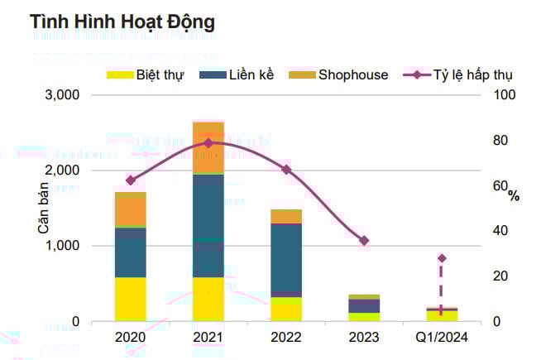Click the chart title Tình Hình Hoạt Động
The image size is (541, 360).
click(122, 22)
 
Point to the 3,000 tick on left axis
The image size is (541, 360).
click(61, 95)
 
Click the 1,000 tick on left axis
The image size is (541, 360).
click(61, 246)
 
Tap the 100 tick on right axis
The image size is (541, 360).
click(505, 95)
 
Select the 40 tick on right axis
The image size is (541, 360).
click(500, 231)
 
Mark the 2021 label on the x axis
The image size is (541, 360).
click(208, 338)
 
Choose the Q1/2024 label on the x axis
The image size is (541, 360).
click(441, 338)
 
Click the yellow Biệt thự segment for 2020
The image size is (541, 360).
click(130, 299)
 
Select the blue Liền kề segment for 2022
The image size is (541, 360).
click(286, 260)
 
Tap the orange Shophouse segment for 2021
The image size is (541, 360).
click(208, 148)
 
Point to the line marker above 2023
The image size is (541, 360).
click(364, 241)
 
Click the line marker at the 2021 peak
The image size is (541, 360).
click(208, 143)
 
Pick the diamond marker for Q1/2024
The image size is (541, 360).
click(442, 258)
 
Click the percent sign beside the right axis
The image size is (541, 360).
click(514, 196)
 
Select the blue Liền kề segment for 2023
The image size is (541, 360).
click(364, 305)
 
